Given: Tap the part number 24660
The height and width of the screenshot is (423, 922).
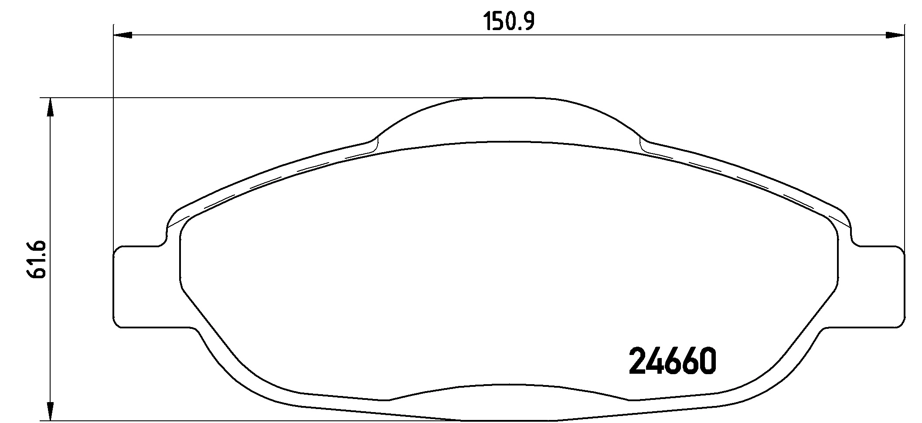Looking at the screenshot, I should pyautogui.click(x=673, y=362).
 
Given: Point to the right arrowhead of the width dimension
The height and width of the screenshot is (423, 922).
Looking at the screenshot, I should pyautogui.click(x=895, y=35).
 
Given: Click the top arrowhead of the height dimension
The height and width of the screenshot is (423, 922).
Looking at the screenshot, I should pyautogui.click(x=51, y=107).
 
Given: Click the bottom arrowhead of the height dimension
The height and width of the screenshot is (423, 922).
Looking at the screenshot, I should pyautogui.click(x=51, y=410).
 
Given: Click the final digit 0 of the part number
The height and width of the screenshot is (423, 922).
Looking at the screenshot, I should pyautogui.click(x=706, y=362).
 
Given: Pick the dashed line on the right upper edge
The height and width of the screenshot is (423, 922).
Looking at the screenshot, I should pyautogui.click(x=750, y=183).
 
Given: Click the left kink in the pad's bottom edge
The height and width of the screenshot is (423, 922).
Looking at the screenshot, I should pyautogui.click(x=389, y=399).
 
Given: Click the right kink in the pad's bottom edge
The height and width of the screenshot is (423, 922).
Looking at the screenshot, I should pyautogui.click(x=629, y=399).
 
